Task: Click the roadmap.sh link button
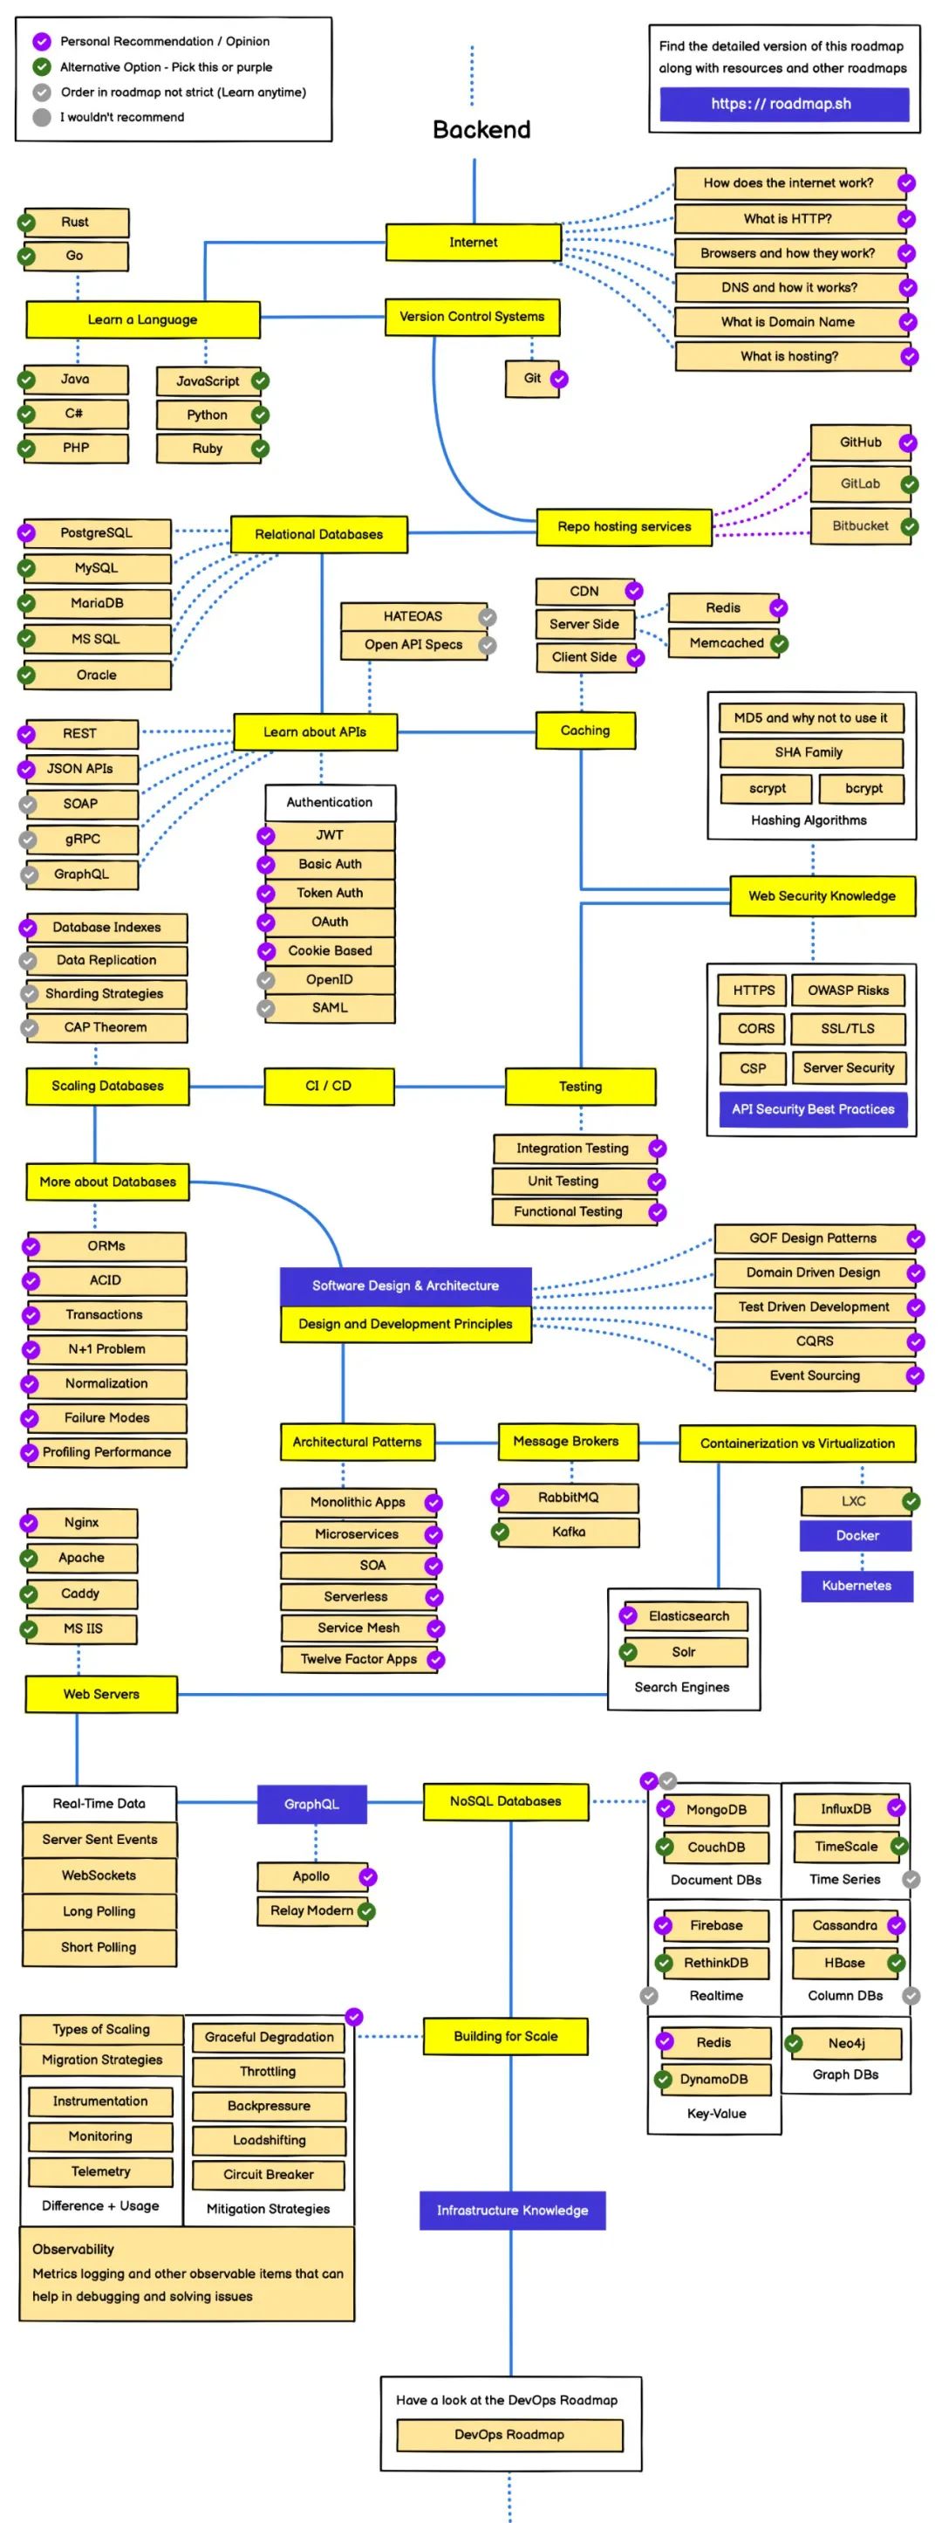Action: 783,104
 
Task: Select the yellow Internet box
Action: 473,242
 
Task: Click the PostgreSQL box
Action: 96,533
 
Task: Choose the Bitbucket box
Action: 860,526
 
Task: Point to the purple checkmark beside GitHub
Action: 908,442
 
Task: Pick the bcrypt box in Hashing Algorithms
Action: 863,787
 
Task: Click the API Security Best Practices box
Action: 813,1108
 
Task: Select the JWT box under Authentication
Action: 330,835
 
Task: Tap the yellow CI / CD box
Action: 329,1085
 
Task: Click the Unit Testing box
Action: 563,1180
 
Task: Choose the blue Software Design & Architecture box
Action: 406,1285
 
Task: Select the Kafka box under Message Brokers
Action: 568,1532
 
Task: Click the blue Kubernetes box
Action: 856,1585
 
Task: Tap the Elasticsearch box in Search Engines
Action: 688,1616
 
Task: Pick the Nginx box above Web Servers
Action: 82,1522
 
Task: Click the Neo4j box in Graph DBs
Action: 846,2042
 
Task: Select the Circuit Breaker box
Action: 269,2173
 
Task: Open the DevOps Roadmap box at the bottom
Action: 509,2434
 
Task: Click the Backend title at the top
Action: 481,129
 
